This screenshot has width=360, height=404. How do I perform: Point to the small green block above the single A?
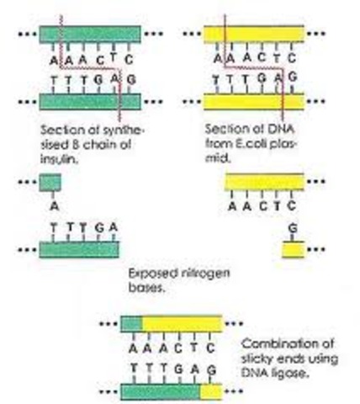point(50,182)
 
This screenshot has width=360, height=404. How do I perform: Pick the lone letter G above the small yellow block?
point(292,228)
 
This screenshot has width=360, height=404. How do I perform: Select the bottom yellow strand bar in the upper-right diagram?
point(256,102)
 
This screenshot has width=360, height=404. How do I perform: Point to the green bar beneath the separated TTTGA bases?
point(79,249)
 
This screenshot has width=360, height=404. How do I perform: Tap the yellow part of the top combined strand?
point(182,323)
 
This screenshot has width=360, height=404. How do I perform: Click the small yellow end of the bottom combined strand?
point(210,391)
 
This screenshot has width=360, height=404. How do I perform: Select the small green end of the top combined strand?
point(132,323)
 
